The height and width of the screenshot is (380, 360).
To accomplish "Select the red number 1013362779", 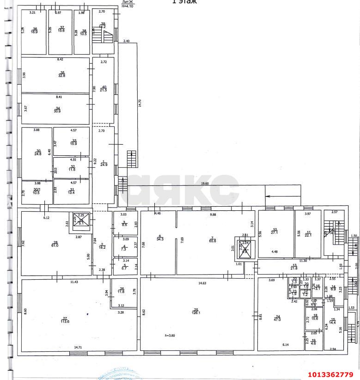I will click(x=331, y=374).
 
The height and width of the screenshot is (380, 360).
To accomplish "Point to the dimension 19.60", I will click(x=205, y=183).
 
